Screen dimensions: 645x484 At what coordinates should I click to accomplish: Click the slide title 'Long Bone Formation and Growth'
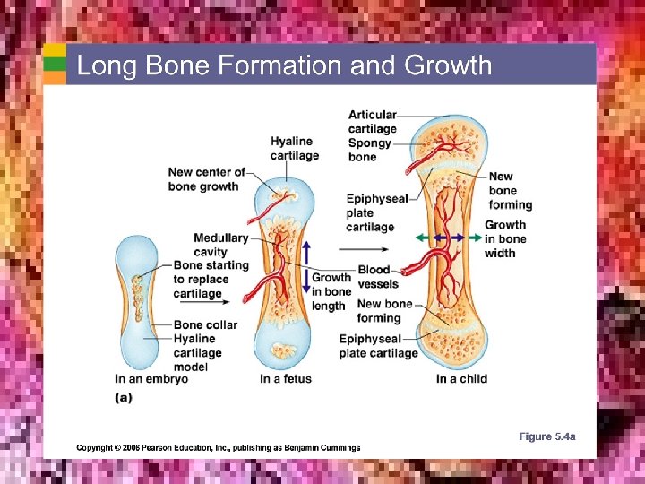pos(284,65)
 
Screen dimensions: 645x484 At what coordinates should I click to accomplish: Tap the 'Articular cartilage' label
pos(372,122)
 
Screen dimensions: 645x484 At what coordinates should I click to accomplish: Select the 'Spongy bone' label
pos(369,150)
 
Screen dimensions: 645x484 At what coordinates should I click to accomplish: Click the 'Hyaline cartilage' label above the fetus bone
pos(294,148)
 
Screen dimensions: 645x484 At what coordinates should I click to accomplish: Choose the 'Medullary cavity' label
pos(220,245)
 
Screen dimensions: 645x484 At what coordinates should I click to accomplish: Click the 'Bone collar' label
pos(206,324)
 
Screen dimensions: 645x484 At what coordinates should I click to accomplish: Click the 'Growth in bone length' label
pos(331,291)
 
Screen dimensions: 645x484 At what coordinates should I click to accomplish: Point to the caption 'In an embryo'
pos(151,378)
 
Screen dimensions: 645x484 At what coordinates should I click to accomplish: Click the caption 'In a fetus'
pos(286,378)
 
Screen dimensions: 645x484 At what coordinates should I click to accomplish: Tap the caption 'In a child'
pos(461,378)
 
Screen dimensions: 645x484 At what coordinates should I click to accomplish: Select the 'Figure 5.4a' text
pos(546,436)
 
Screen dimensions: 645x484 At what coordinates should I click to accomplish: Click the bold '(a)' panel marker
pos(124,397)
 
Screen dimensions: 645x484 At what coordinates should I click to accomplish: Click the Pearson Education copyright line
pos(218,447)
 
